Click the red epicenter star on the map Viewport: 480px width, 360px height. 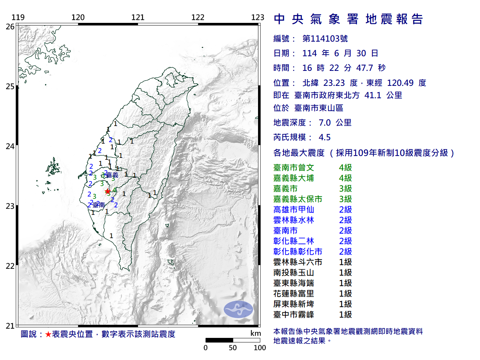pos(108,191)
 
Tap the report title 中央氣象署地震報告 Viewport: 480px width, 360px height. pos(348,19)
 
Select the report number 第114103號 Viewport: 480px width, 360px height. pos(325,39)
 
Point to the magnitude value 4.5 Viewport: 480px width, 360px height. pos(324,137)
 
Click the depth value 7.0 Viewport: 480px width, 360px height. pos(324,123)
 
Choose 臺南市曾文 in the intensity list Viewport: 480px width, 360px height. pos(294,168)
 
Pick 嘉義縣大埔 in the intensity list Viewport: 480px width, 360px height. pos(294,178)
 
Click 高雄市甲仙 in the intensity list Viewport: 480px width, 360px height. pos(294,210)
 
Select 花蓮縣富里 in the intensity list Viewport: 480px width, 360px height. pos(294,294)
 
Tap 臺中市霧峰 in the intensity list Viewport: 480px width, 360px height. pos(294,315)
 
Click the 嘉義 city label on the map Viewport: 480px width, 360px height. pos(112,175)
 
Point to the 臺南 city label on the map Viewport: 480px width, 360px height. pos(99,205)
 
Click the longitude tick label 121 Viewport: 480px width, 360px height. pos(138,17)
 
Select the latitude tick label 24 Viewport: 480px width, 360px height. pos(10,146)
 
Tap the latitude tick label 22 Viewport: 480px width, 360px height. pos(10,266)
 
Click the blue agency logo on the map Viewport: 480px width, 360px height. pos(238,309)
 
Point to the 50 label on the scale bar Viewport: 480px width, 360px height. pos(233,348)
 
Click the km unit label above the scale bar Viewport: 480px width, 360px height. pos(256,333)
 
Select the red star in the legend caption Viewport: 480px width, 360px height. pos(48,334)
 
